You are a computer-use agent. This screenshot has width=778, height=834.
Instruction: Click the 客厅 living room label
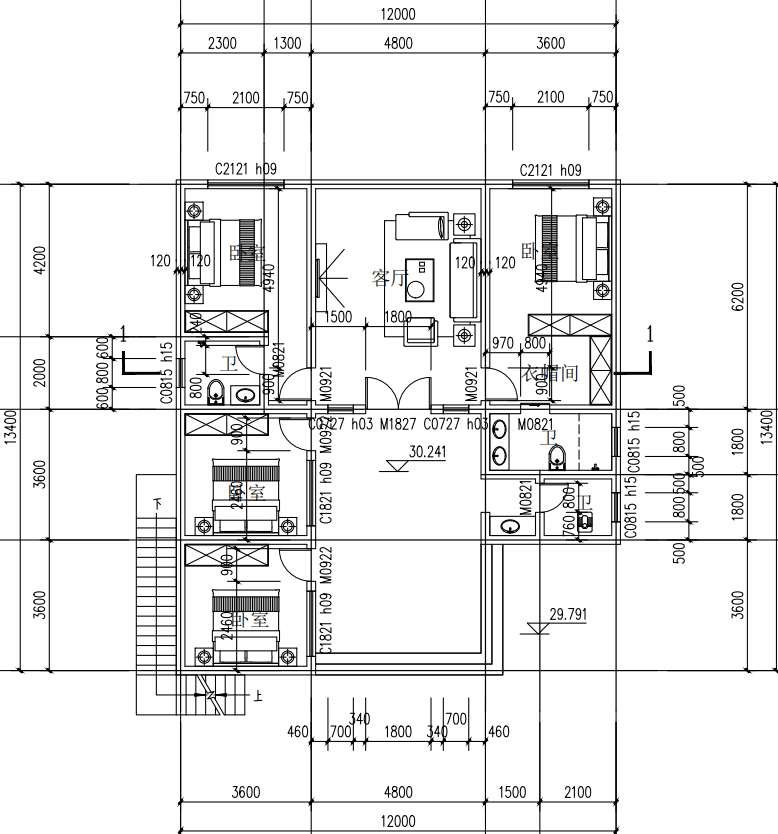[x=388, y=277]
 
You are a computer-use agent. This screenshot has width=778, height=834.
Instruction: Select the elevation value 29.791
[x=567, y=615]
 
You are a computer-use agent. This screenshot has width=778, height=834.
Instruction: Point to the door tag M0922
[x=325, y=566]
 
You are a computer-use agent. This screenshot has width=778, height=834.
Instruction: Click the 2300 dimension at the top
[x=221, y=43]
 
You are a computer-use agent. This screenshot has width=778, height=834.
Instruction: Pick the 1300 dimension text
[x=287, y=43]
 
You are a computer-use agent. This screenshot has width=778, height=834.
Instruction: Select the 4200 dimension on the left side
[x=40, y=262]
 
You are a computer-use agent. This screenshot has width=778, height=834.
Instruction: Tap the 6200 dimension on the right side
[x=738, y=296]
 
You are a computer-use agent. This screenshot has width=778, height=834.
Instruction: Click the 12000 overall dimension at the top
[x=398, y=14]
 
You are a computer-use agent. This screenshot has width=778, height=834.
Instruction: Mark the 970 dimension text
[x=503, y=344]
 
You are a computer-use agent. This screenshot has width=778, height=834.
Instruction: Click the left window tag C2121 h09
[x=245, y=170]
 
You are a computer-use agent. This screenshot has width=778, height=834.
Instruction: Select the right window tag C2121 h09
[x=550, y=170]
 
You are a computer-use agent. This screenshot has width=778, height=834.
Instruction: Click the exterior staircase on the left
[x=158, y=600]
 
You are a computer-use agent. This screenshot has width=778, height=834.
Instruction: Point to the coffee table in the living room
[x=421, y=277]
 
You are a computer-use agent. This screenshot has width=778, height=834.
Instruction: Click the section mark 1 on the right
[x=650, y=335]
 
